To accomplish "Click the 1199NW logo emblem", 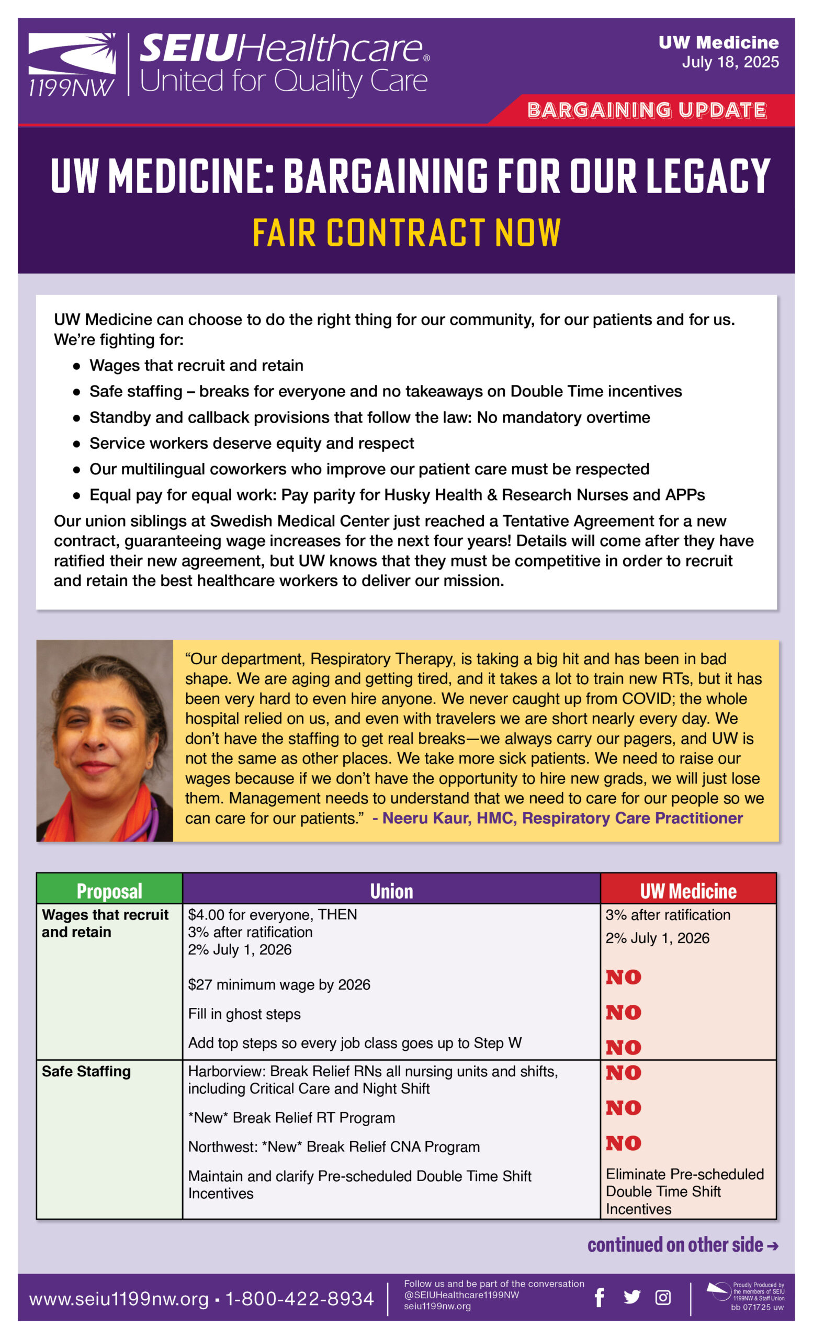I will click(72, 64).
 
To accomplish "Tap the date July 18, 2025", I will click(730, 62).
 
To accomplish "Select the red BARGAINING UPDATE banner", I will click(646, 110).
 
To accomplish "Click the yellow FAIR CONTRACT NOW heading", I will click(406, 233).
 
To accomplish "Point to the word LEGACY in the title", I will click(707, 176).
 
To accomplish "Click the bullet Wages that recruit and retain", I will click(196, 365).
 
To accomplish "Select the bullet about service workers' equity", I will click(252, 443).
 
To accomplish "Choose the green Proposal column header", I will click(109, 891).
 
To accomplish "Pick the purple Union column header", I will click(391, 891).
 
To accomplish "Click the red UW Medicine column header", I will click(688, 891).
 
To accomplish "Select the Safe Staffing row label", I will click(86, 1071).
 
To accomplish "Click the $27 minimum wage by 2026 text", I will click(279, 985).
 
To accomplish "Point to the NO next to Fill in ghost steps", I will click(623, 1013).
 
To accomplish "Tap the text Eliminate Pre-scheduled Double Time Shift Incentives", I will click(684, 1191).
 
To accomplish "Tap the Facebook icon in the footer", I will click(599, 1297).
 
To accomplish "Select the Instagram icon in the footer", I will click(662, 1297).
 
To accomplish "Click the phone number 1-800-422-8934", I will click(299, 1298).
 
